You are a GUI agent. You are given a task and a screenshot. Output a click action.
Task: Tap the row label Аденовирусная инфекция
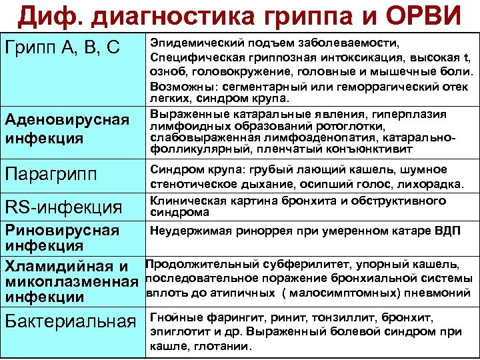67,129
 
